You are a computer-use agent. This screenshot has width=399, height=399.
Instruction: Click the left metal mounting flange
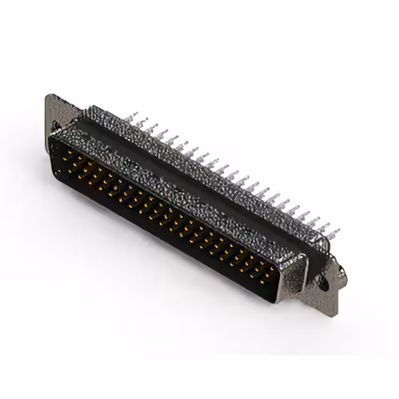coord(57,112)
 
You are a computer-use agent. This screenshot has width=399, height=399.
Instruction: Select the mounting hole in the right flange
coord(324,282)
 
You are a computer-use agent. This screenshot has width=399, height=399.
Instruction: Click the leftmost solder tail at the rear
coord(131,117)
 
